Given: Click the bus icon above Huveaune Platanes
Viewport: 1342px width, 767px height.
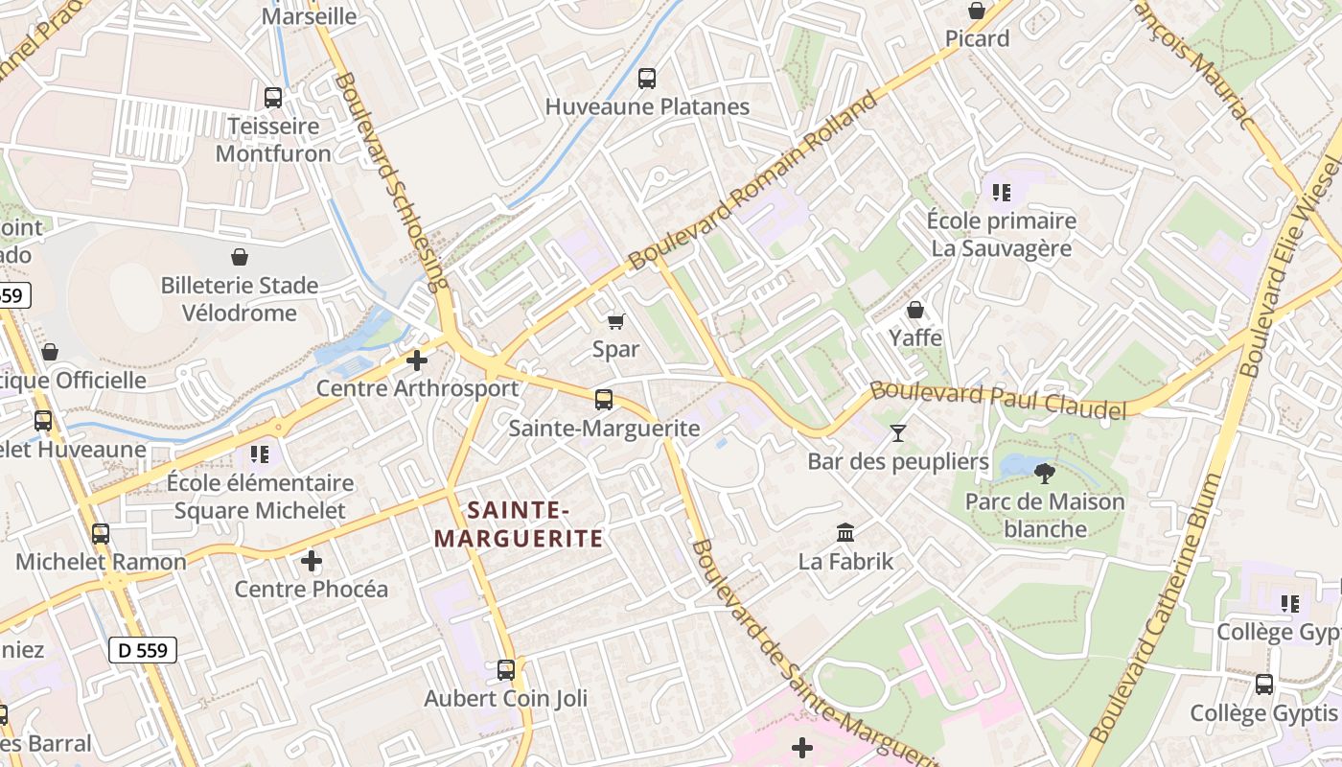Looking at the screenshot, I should (x=647, y=79).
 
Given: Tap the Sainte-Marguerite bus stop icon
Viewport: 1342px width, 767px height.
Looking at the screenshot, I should (x=604, y=400).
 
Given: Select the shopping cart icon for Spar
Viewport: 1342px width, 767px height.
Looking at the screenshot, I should (x=615, y=321).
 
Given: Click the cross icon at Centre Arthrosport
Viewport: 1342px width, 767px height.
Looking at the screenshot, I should (x=417, y=360).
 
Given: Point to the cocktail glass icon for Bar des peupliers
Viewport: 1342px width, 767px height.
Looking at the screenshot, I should (x=897, y=433).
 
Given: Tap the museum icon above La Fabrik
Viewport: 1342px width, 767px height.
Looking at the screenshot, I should (x=845, y=532).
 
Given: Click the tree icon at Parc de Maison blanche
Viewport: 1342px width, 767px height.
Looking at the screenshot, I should (x=1045, y=473).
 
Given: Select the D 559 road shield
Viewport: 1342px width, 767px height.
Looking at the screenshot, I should (x=143, y=650).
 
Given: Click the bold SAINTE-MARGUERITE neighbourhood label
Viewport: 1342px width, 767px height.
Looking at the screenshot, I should (x=519, y=523).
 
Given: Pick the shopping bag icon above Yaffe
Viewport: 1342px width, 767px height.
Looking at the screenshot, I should (x=915, y=310).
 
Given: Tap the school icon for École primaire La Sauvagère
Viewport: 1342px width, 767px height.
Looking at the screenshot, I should (x=1002, y=193).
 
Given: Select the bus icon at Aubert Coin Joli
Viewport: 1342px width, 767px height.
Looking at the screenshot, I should (x=506, y=669).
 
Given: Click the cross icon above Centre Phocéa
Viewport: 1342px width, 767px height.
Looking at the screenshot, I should (x=312, y=560).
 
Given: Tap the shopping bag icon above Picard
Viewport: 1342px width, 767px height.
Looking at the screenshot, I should (x=977, y=11).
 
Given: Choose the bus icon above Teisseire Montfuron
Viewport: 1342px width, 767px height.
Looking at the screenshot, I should (x=273, y=97).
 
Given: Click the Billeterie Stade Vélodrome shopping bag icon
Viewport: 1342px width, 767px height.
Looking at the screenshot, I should (x=240, y=257).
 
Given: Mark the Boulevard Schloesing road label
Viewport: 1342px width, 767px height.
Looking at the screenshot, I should (x=393, y=182).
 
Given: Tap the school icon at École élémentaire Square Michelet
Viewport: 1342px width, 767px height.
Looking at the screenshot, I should (x=260, y=453).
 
